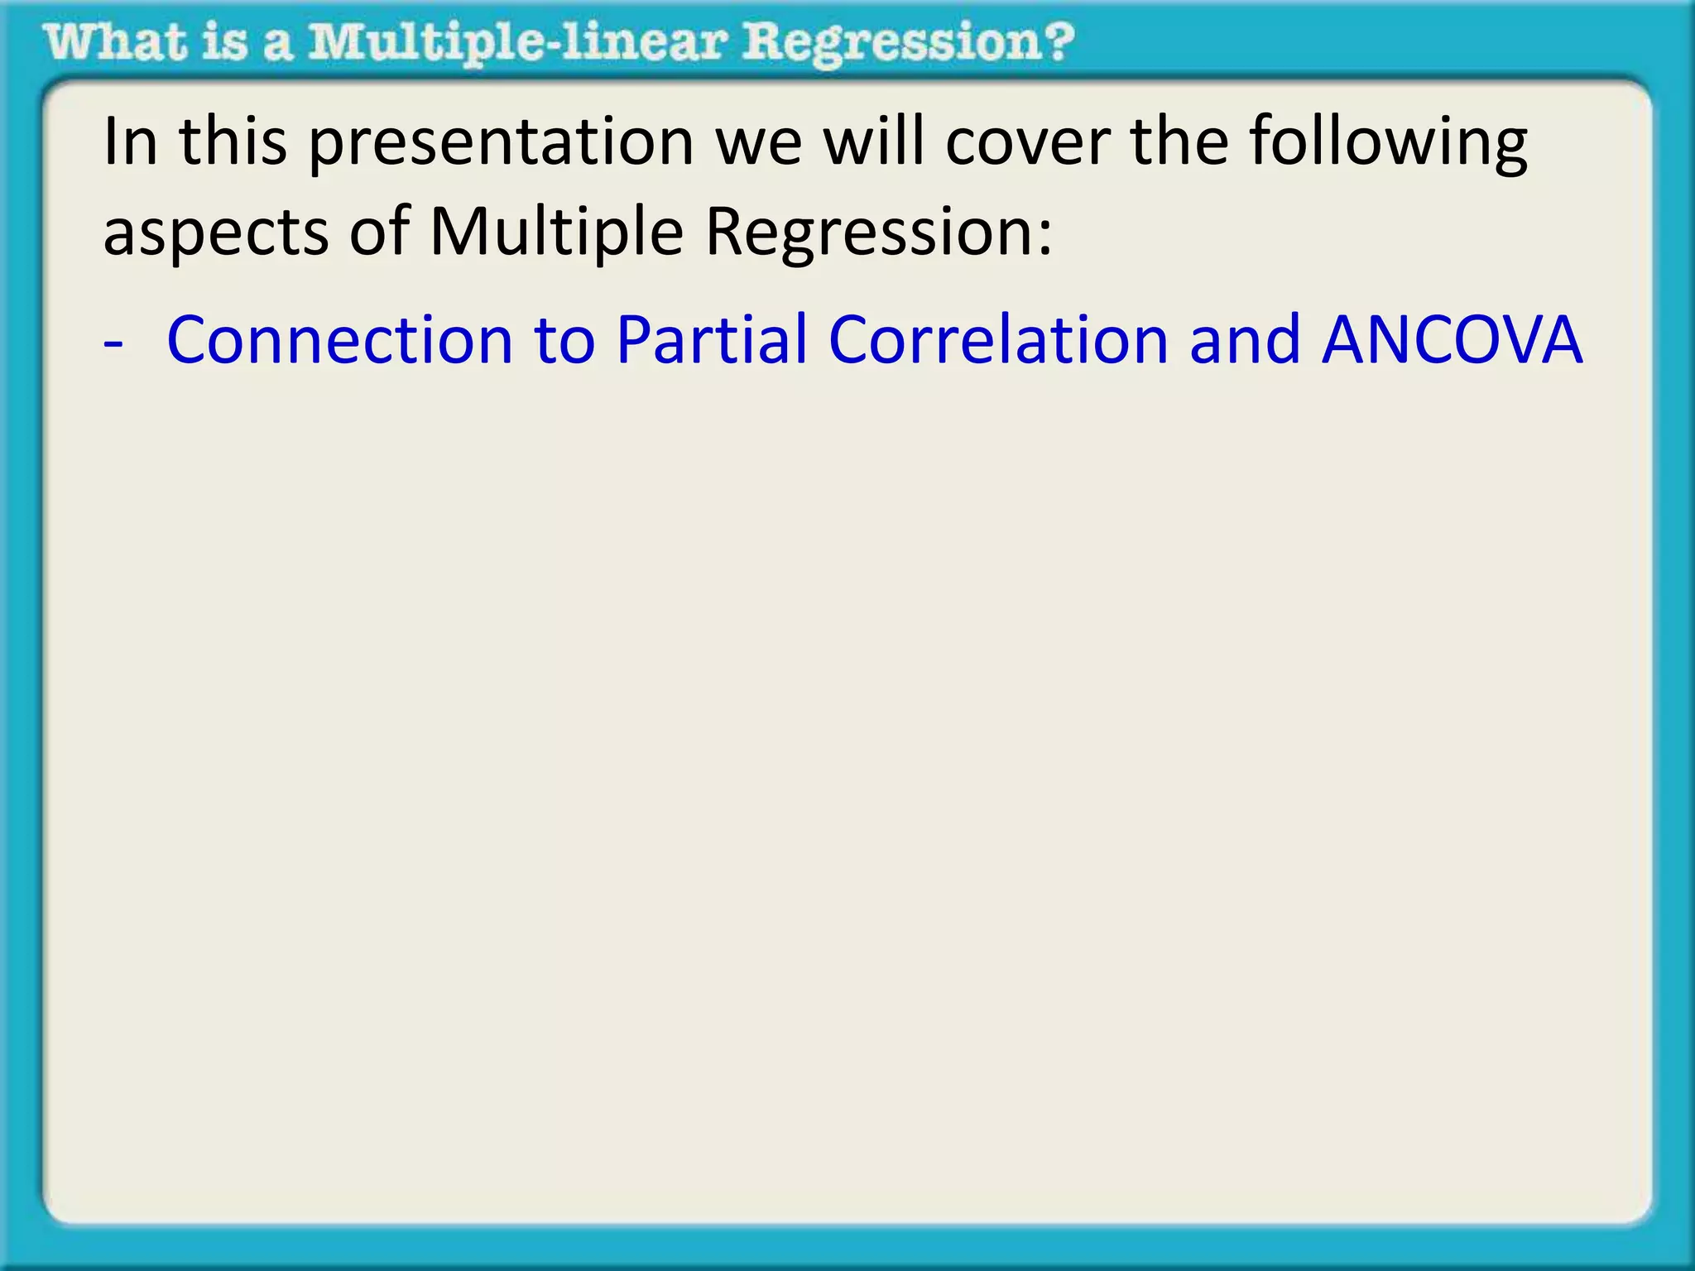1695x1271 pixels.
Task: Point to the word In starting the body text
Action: [x=129, y=142]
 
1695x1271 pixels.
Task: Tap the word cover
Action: [x=1027, y=142]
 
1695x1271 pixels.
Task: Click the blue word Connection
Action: [x=340, y=340]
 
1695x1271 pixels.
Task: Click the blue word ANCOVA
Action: [x=1452, y=340]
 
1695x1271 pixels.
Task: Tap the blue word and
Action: [x=1245, y=340]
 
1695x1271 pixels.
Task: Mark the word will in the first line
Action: [x=873, y=142]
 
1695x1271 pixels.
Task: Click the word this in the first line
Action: [x=233, y=142]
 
